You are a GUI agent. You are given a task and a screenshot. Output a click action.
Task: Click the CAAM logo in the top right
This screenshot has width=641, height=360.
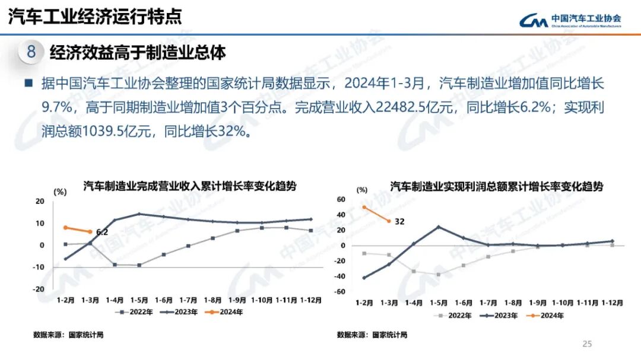pos(570,20)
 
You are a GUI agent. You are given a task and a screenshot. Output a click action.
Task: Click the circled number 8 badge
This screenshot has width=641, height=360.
pos(31,52)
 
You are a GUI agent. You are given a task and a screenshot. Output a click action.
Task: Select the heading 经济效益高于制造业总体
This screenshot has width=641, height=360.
pos(138,52)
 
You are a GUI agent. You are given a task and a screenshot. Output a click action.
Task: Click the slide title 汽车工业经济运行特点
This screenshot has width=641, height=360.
pos(95,17)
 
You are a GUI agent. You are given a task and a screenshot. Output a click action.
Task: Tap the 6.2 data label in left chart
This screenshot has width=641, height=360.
pos(101,232)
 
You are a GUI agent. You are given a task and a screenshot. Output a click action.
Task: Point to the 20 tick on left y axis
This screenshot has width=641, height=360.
pos(40,202)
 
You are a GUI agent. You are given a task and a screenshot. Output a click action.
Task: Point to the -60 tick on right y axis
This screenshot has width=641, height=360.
pos(341,292)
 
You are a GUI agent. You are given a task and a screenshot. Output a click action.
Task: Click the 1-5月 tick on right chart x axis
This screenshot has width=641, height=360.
pos(439,302)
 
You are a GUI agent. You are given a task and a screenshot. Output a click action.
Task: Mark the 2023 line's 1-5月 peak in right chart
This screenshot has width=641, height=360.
pos(439,227)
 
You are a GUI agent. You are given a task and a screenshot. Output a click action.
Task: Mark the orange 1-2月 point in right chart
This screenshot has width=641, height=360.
pos(363,207)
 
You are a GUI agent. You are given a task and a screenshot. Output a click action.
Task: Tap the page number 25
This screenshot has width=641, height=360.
pos(587,343)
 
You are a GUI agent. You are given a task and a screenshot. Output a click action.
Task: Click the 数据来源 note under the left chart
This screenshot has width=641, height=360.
pos(68,335)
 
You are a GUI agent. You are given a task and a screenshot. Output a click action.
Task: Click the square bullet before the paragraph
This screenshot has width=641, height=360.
pos(28,82)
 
